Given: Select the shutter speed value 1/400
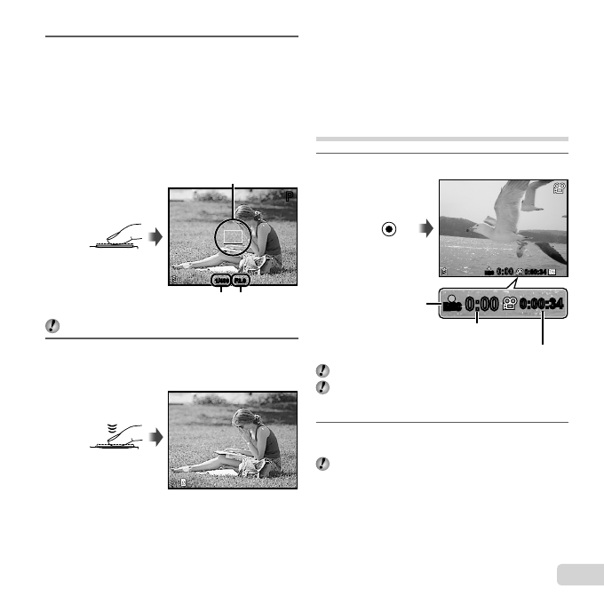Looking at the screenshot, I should click(x=219, y=281).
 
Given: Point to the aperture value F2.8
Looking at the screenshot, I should click(x=241, y=281).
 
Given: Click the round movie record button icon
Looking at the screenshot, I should click(x=387, y=227).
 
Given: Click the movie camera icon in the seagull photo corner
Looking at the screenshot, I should click(x=558, y=189).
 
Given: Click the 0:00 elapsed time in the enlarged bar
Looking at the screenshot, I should click(x=483, y=305).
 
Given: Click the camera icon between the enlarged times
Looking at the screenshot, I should click(x=510, y=304).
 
